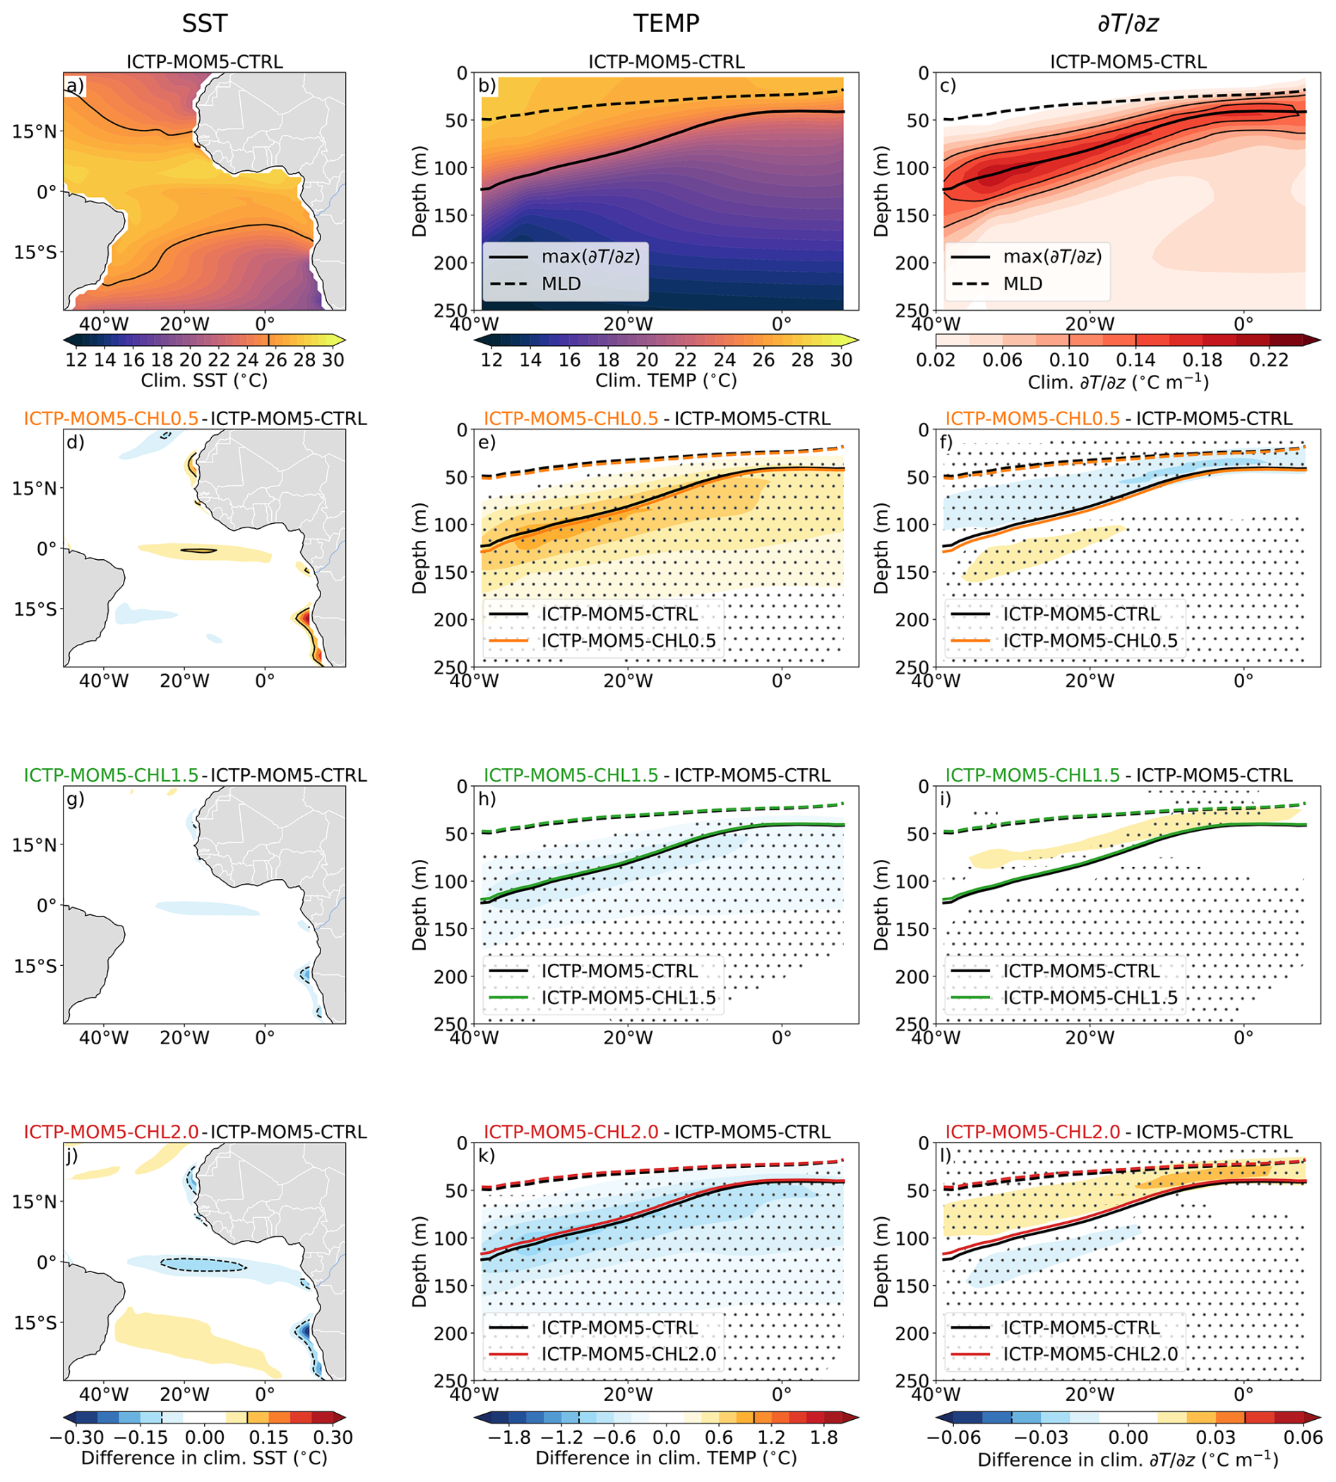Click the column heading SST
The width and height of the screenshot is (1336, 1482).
[205, 23]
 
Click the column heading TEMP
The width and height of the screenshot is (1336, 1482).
[666, 23]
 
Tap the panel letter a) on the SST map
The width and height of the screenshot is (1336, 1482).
[76, 86]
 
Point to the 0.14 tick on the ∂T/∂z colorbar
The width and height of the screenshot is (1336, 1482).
[1135, 359]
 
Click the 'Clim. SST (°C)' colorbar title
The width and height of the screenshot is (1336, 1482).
[204, 381]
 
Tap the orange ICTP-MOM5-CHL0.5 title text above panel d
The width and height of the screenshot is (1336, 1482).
[111, 419]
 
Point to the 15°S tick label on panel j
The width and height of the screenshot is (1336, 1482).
[35, 1322]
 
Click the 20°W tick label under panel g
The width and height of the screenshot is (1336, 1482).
[184, 1038]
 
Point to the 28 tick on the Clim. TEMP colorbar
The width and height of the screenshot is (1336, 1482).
[802, 359]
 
